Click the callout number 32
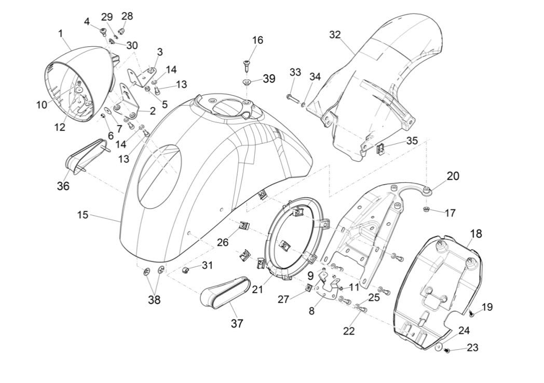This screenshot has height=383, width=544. (x=335, y=35)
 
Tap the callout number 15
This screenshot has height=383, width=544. (x=84, y=214)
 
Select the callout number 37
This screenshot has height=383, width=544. (x=237, y=323)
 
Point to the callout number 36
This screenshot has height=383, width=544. (x=63, y=185)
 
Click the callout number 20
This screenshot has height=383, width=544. (x=453, y=176)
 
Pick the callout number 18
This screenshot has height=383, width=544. (x=475, y=234)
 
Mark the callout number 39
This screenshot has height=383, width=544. (x=269, y=79)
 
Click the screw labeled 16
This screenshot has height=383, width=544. (x=246, y=65)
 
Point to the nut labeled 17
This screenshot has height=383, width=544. (x=426, y=210)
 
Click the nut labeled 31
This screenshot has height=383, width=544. (x=185, y=270)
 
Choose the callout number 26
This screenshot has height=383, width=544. (x=223, y=242)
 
